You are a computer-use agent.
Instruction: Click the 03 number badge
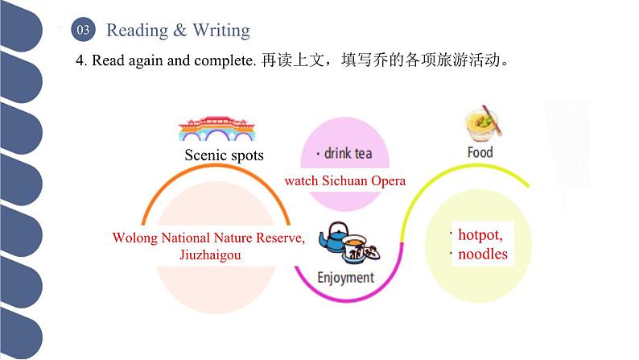[85, 31]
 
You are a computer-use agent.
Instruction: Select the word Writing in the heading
[221, 31]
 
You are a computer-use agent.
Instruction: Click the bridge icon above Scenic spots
[212, 129]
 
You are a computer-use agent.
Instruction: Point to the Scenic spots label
[224, 155]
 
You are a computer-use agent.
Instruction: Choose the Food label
[480, 152]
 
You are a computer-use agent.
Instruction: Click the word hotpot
[480, 235]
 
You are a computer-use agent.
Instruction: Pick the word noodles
[483, 254]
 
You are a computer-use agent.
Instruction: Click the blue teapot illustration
[334, 238]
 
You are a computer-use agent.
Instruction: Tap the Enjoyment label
[345, 278]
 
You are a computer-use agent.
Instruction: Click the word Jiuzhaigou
[208, 254]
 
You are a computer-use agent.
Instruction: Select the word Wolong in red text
[132, 238]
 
